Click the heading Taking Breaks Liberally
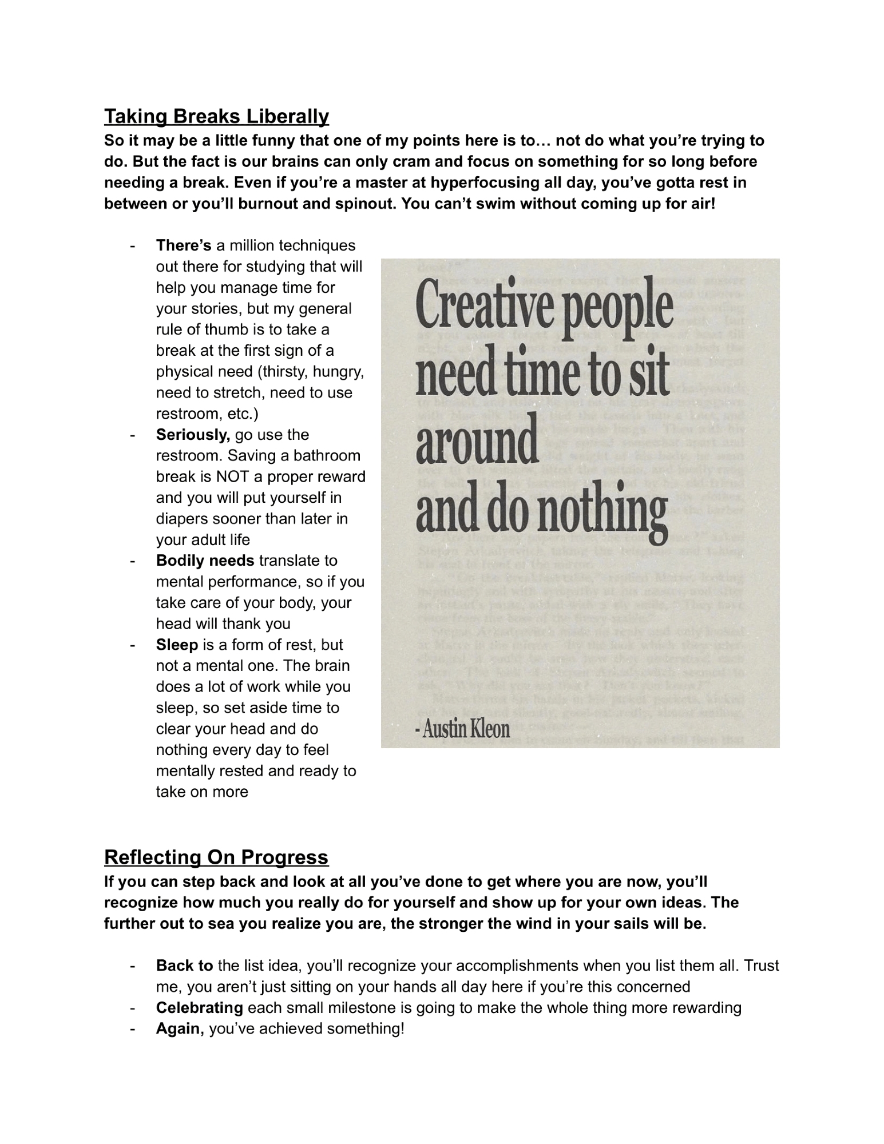click(x=216, y=117)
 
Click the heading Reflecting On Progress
click(x=216, y=857)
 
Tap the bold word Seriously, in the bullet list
click(x=193, y=435)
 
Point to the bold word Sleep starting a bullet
click(x=177, y=645)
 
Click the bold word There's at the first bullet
click(x=184, y=245)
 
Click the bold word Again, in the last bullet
click(x=180, y=1029)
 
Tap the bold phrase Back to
click(x=184, y=966)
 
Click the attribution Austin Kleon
click(x=465, y=729)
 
